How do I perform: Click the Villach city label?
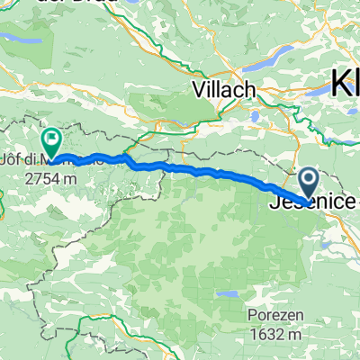(224, 90)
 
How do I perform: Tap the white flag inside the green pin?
(51, 140)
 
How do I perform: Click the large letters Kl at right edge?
(346, 85)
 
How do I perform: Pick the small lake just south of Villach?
(255, 115)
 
